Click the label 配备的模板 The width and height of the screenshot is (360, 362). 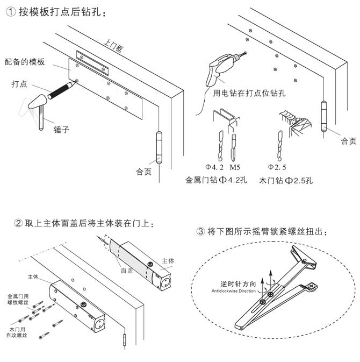click(x=25, y=61)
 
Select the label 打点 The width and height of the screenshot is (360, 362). click(x=20, y=84)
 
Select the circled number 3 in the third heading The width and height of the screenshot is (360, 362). click(x=200, y=232)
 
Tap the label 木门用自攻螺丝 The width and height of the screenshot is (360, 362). click(x=18, y=331)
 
